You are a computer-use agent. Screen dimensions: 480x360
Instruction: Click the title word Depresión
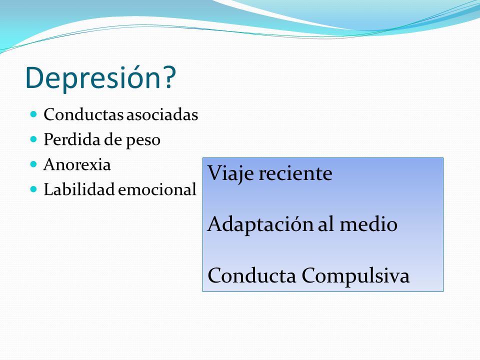[x=93, y=78]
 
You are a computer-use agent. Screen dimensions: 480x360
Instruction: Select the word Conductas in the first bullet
[x=84, y=115]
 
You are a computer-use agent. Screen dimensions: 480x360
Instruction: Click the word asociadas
[x=162, y=115]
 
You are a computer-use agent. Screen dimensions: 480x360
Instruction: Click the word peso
[x=143, y=141]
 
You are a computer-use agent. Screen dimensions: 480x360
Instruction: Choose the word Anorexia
[x=77, y=164]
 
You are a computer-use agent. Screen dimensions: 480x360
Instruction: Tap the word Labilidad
[x=79, y=189]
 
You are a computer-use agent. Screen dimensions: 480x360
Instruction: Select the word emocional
[x=157, y=189]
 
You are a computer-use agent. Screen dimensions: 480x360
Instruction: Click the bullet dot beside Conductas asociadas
[x=33, y=114]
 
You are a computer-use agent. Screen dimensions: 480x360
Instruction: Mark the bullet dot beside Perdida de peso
[x=33, y=139]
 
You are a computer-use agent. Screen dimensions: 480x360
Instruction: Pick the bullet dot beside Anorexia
[x=33, y=164]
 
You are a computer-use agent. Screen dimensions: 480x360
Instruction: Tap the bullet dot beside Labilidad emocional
[x=33, y=189]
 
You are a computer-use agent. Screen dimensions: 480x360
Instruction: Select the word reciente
[x=295, y=173]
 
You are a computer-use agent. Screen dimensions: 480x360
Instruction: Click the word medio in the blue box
[x=368, y=224]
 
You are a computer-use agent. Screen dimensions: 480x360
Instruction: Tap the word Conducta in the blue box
[x=252, y=275]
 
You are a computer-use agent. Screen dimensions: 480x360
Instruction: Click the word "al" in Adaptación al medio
[x=326, y=224]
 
